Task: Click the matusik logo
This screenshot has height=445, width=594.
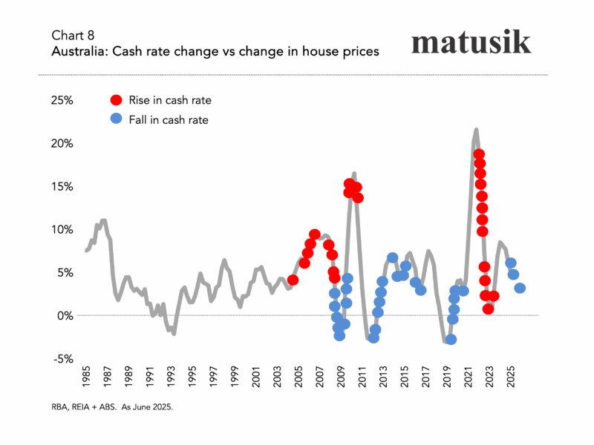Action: (x=471, y=42)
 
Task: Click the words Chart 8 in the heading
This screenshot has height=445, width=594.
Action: (x=73, y=35)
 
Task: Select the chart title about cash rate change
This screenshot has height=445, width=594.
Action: (x=215, y=51)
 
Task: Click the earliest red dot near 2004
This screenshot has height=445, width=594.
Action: (x=293, y=280)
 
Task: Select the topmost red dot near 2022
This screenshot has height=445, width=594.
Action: (x=479, y=154)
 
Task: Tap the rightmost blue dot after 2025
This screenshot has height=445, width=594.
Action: (x=520, y=288)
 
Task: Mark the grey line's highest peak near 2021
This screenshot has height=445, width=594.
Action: (x=476, y=130)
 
